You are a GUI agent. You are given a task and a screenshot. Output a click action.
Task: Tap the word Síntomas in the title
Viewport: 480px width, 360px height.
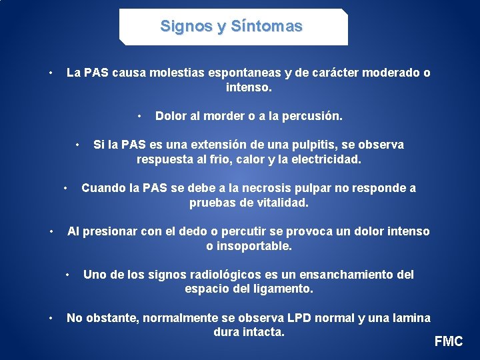(x=266, y=27)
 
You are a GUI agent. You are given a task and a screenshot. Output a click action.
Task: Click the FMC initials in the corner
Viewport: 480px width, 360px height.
(x=449, y=341)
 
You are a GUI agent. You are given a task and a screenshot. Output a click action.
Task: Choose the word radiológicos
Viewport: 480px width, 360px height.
(x=205, y=275)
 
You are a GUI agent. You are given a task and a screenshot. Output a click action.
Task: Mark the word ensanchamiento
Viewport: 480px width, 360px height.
(x=334, y=275)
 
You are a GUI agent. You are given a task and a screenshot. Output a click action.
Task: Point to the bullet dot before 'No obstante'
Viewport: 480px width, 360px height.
(x=51, y=318)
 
